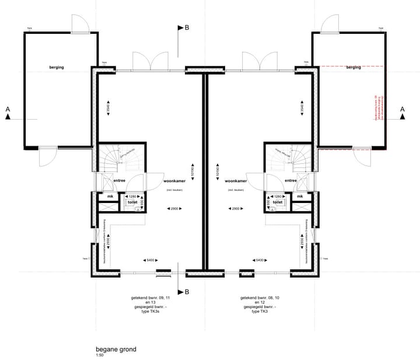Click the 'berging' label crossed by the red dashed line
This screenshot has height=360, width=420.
pos(353,68)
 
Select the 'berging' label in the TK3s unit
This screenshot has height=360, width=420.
pos(57,68)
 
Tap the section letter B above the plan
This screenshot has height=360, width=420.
pos(187,27)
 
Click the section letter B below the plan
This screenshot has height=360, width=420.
pos(187,292)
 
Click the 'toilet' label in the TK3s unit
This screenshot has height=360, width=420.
pos(132,202)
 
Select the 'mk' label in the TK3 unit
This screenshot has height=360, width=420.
pos(300,197)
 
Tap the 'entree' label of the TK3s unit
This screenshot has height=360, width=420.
pos(119,181)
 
